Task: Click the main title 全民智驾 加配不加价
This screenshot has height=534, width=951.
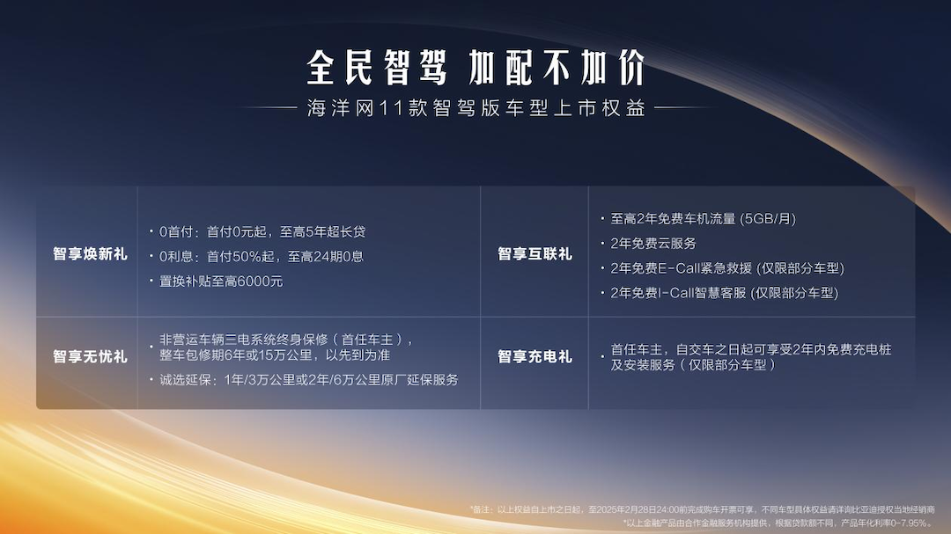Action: [475, 68]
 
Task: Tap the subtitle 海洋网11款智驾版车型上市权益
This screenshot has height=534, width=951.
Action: [475, 109]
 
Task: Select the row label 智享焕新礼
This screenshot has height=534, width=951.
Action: [90, 254]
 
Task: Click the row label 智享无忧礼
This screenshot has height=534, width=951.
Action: [90, 356]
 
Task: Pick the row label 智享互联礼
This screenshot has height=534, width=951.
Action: [534, 254]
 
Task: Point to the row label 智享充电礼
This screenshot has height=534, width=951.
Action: [534, 356]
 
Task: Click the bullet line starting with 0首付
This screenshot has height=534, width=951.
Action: [262, 232]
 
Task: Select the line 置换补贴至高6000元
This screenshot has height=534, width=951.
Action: [221, 282]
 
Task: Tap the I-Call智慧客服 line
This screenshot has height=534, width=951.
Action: [724, 293]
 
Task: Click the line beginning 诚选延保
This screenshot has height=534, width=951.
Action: [308, 380]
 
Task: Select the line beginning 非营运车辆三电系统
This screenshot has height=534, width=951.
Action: [286, 340]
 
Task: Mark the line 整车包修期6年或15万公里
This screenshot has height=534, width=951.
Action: [275, 355]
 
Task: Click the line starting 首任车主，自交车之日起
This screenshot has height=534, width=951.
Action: [750, 349]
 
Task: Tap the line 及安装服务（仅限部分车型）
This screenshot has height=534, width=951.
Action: [693, 364]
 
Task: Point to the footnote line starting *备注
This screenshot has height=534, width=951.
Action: [701, 509]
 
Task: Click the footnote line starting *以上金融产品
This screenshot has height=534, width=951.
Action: [778, 523]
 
